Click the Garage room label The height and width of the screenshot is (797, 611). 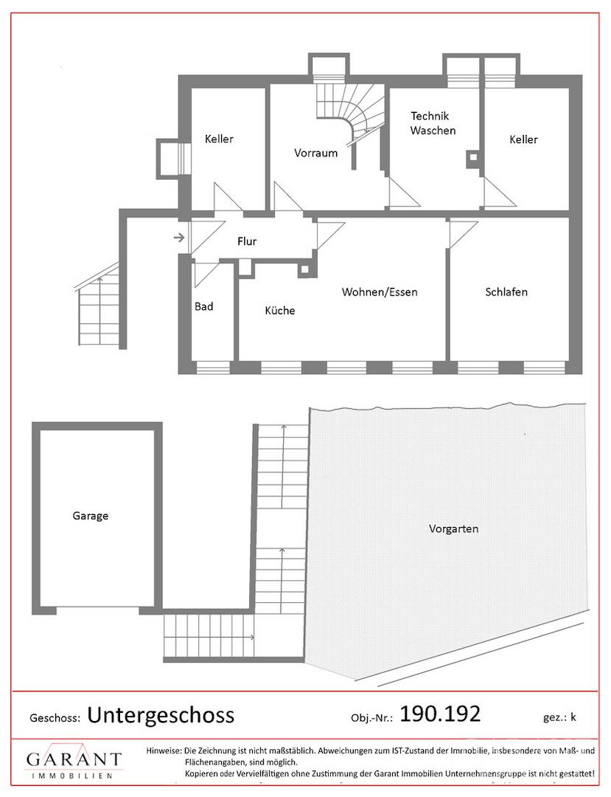pyautogui.click(x=91, y=516)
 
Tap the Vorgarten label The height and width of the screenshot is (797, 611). pyautogui.click(x=453, y=528)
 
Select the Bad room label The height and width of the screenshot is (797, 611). pyautogui.click(x=204, y=306)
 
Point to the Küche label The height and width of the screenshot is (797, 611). pyautogui.click(x=279, y=310)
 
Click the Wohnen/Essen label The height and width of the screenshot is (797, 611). pyautogui.click(x=380, y=291)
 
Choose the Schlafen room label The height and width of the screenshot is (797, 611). pyautogui.click(x=506, y=291)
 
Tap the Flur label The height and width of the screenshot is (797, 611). pyautogui.click(x=247, y=241)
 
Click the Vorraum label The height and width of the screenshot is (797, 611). pyautogui.click(x=315, y=153)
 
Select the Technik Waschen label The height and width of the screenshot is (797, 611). pyautogui.click(x=433, y=123)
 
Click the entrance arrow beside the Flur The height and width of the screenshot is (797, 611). pyautogui.click(x=179, y=237)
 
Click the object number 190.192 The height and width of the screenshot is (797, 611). pyautogui.click(x=440, y=714)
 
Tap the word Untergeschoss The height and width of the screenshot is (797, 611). pyautogui.click(x=161, y=715)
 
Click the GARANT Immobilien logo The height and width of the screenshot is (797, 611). pyautogui.click(x=74, y=761)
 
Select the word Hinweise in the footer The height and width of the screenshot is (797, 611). pyautogui.click(x=164, y=751)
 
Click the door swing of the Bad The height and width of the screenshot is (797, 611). pyautogui.click(x=206, y=275)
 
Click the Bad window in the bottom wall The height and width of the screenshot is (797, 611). pyautogui.click(x=213, y=367)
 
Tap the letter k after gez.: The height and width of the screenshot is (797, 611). pyautogui.click(x=573, y=717)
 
